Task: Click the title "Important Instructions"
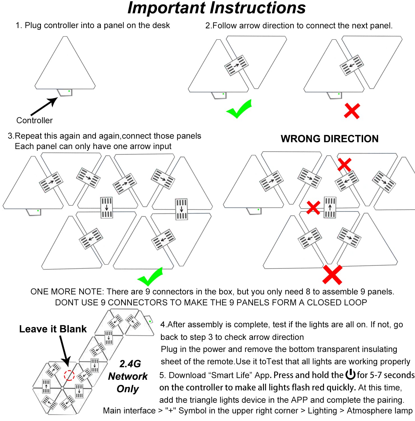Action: point(216,8)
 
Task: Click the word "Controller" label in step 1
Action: point(34,120)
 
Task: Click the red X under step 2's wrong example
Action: point(352,111)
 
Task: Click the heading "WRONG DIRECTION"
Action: point(329,139)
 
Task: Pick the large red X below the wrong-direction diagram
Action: point(332,274)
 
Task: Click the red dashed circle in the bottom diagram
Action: point(69,375)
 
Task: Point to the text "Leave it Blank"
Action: point(53,329)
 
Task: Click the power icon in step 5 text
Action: point(350,374)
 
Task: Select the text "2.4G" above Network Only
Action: point(130,364)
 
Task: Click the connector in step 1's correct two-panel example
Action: point(236,65)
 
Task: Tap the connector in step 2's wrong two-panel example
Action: point(352,65)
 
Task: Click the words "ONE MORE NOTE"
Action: point(67,292)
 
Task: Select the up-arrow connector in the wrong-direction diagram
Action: point(330,207)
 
